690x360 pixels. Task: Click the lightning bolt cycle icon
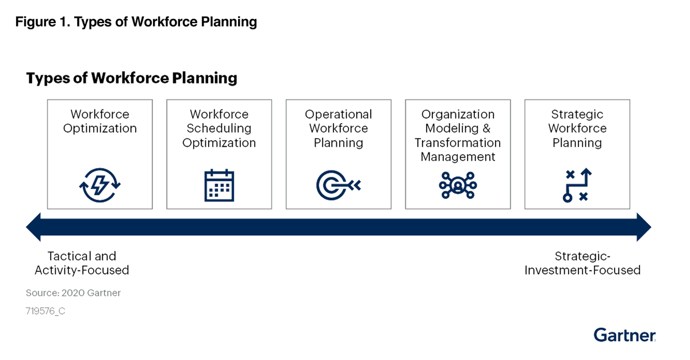click(100, 185)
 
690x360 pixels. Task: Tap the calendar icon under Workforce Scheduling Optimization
click(219, 185)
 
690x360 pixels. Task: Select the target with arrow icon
click(338, 185)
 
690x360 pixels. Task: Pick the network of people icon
click(458, 185)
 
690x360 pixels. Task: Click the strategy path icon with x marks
click(577, 185)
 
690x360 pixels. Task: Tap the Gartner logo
click(624, 335)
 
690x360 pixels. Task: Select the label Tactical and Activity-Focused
click(82, 263)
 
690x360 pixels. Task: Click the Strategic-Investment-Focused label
click(582, 263)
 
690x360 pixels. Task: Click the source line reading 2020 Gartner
click(73, 293)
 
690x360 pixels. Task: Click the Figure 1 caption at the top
click(136, 22)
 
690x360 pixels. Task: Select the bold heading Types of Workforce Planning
click(132, 78)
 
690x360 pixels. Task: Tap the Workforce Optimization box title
click(100, 121)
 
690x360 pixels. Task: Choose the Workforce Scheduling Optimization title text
click(219, 128)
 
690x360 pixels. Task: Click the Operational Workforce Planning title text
click(338, 128)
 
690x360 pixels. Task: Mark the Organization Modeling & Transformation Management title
click(458, 135)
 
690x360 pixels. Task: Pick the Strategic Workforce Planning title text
click(577, 128)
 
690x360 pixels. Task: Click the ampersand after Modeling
click(486, 128)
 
